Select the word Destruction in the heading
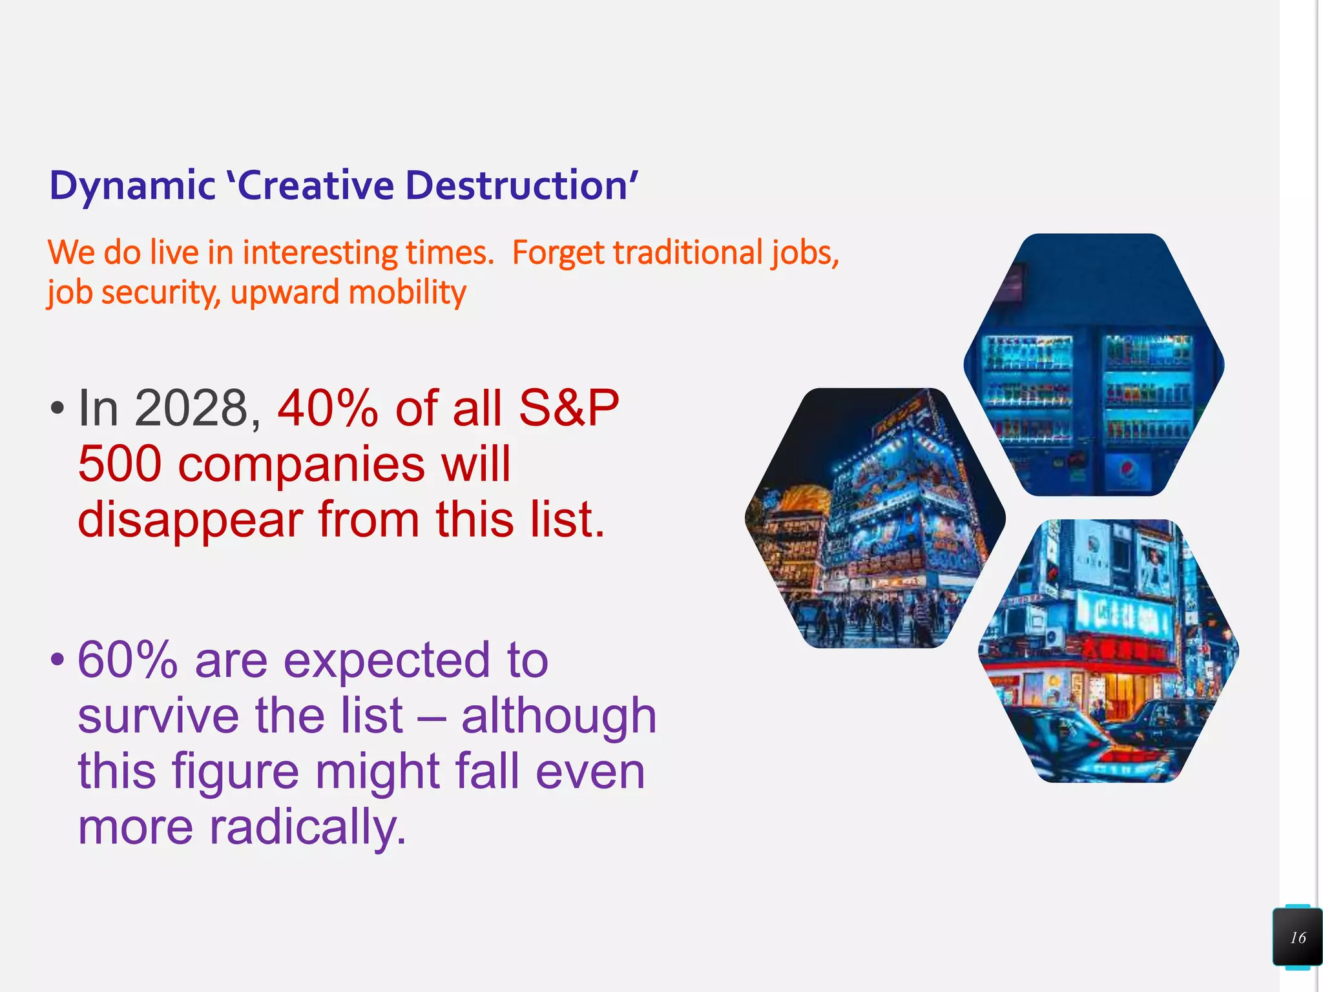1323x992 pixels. tap(517, 186)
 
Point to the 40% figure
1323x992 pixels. tap(328, 408)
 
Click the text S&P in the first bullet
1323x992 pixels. tap(568, 408)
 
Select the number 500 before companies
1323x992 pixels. tap(120, 464)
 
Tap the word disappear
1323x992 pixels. tap(191, 521)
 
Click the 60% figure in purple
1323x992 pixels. tap(127, 660)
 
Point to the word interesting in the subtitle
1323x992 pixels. tap(319, 253)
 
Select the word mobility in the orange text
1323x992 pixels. tap(407, 293)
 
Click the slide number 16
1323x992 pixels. tap(1298, 938)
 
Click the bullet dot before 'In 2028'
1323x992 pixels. tap(57, 408)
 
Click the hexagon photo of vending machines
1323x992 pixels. tap(1094, 365)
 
